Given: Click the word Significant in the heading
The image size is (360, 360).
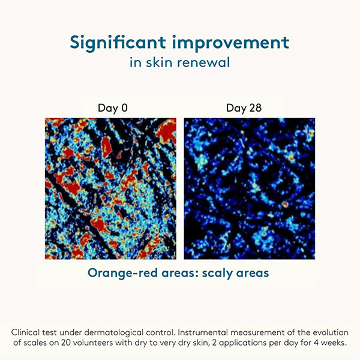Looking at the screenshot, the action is pyautogui.click(x=118, y=43).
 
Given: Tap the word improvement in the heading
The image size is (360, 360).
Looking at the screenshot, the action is pyautogui.click(x=230, y=43).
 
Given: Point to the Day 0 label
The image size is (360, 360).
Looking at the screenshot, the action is pyautogui.click(x=113, y=108).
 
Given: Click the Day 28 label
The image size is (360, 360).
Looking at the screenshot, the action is pyautogui.click(x=244, y=108).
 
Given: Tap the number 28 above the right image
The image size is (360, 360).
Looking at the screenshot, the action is pyautogui.click(x=256, y=107).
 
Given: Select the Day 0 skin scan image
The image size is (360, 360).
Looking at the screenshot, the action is pyautogui.click(x=110, y=189).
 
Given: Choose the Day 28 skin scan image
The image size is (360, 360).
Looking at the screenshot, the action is pyautogui.click(x=250, y=189).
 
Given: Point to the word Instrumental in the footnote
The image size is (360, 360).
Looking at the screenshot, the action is pyautogui.click(x=203, y=332).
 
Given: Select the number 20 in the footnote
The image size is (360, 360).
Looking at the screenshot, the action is pyautogui.click(x=66, y=343).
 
